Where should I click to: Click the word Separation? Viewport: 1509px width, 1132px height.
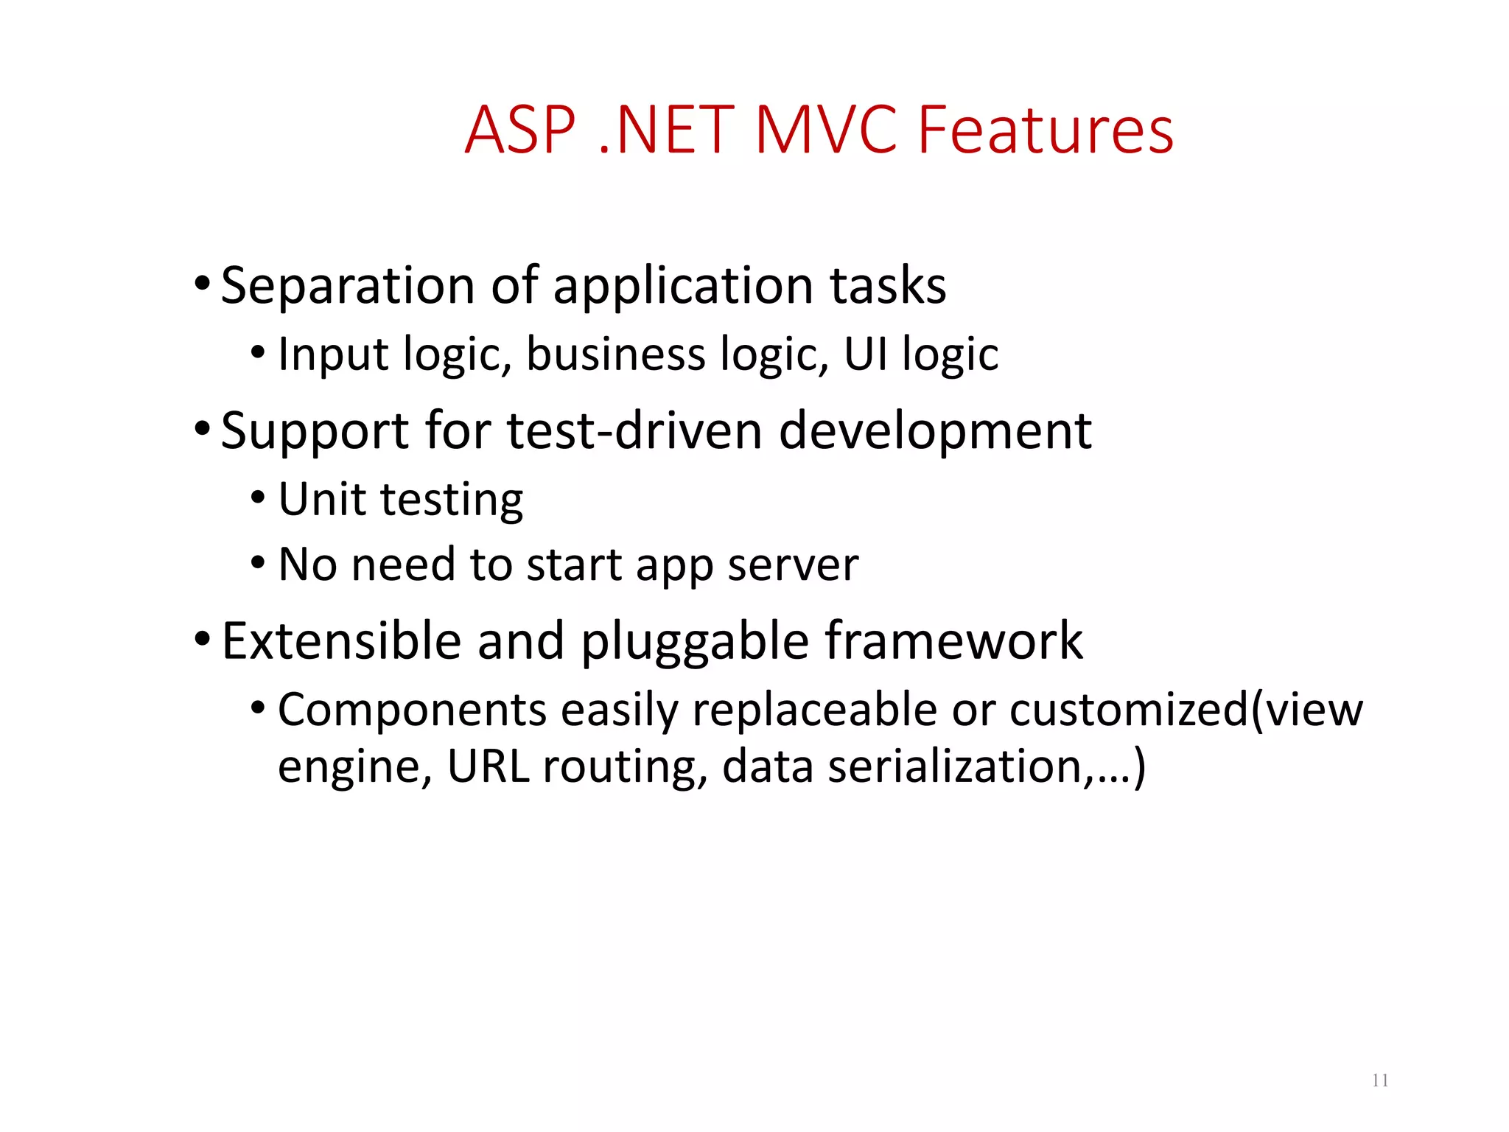point(347,286)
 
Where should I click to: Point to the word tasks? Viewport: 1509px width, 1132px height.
point(887,286)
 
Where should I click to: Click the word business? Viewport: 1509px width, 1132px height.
point(615,354)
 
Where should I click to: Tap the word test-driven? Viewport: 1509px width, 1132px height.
point(634,430)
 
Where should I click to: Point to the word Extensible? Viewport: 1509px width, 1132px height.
point(341,640)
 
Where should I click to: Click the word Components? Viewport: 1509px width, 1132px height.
point(412,711)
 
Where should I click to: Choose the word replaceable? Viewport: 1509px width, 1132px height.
point(813,711)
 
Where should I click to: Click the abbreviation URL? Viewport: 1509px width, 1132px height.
point(488,766)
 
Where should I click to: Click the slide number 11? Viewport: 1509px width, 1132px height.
point(1380,1080)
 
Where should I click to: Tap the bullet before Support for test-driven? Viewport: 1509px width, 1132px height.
point(202,427)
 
